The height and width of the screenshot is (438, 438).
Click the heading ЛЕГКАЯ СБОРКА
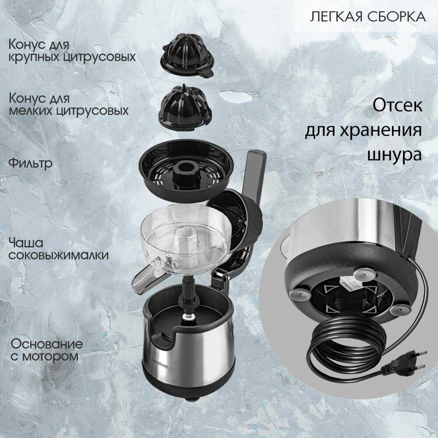tap(368, 17)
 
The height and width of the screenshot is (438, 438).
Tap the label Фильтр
tap(31, 163)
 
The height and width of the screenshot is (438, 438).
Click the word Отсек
tap(397, 105)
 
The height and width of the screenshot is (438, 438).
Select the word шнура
tap(394, 155)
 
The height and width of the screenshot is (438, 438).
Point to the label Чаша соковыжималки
tap(58, 249)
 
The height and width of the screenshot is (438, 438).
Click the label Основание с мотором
tap(46, 350)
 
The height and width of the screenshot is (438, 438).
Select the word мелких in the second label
tap(31, 110)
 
